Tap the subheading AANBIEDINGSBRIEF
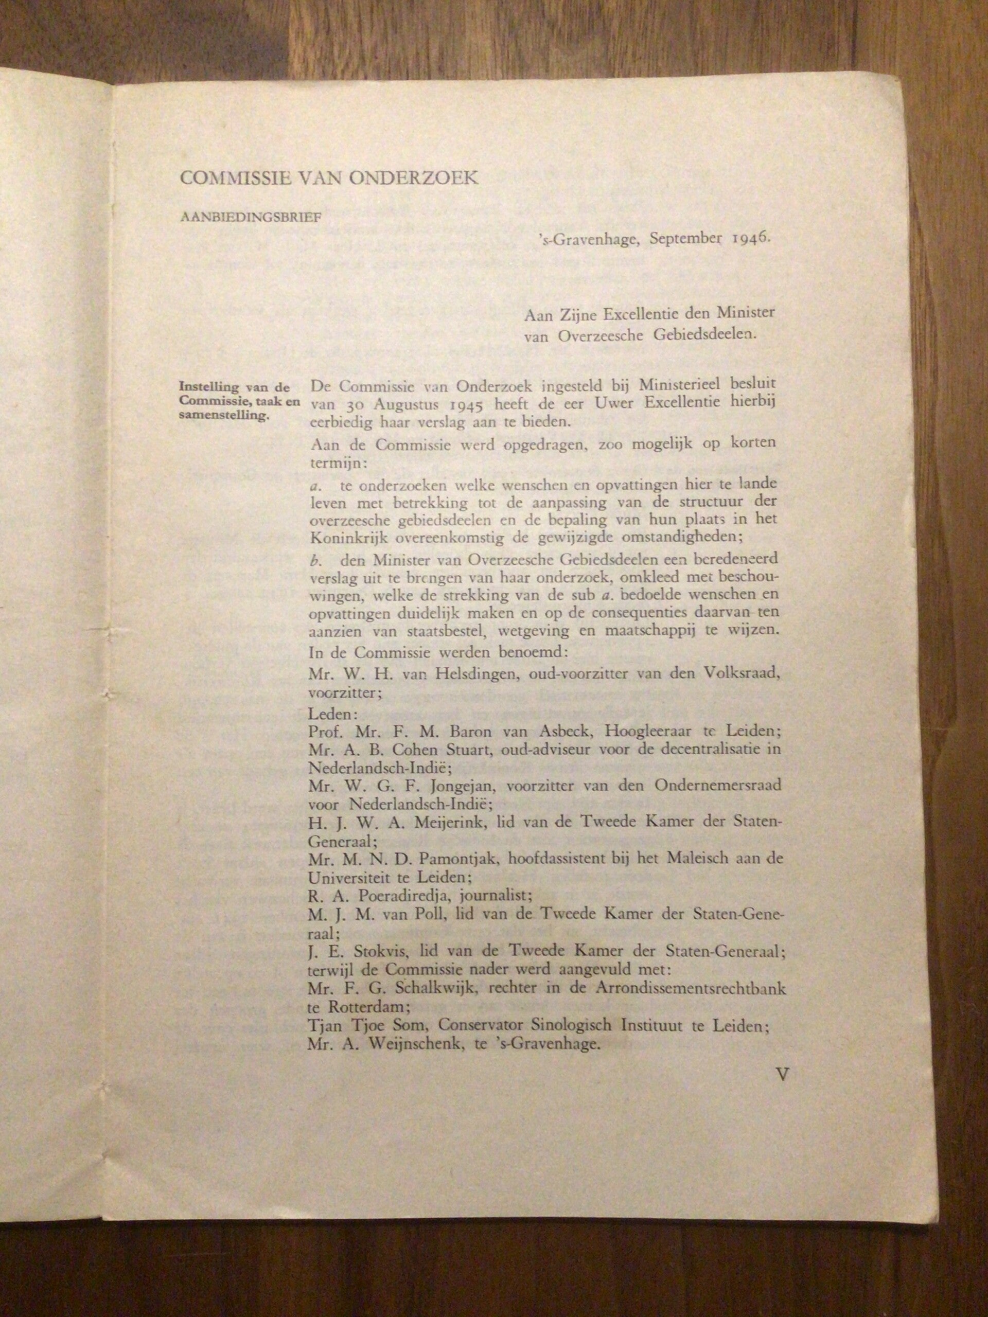click(x=251, y=217)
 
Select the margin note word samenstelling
click(x=223, y=416)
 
